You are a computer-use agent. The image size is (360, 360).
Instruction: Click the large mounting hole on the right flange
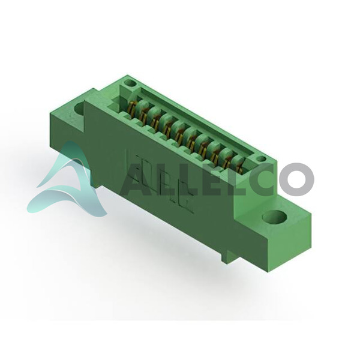[x=275, y=217]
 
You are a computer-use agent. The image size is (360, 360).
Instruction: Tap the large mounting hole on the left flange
[x=79, y=110]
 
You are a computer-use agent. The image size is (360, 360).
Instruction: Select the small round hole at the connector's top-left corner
[x=130, y=83]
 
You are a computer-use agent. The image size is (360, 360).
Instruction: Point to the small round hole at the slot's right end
[x=261, y=158]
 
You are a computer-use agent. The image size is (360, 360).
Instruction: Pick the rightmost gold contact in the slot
[x=239, y=164]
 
